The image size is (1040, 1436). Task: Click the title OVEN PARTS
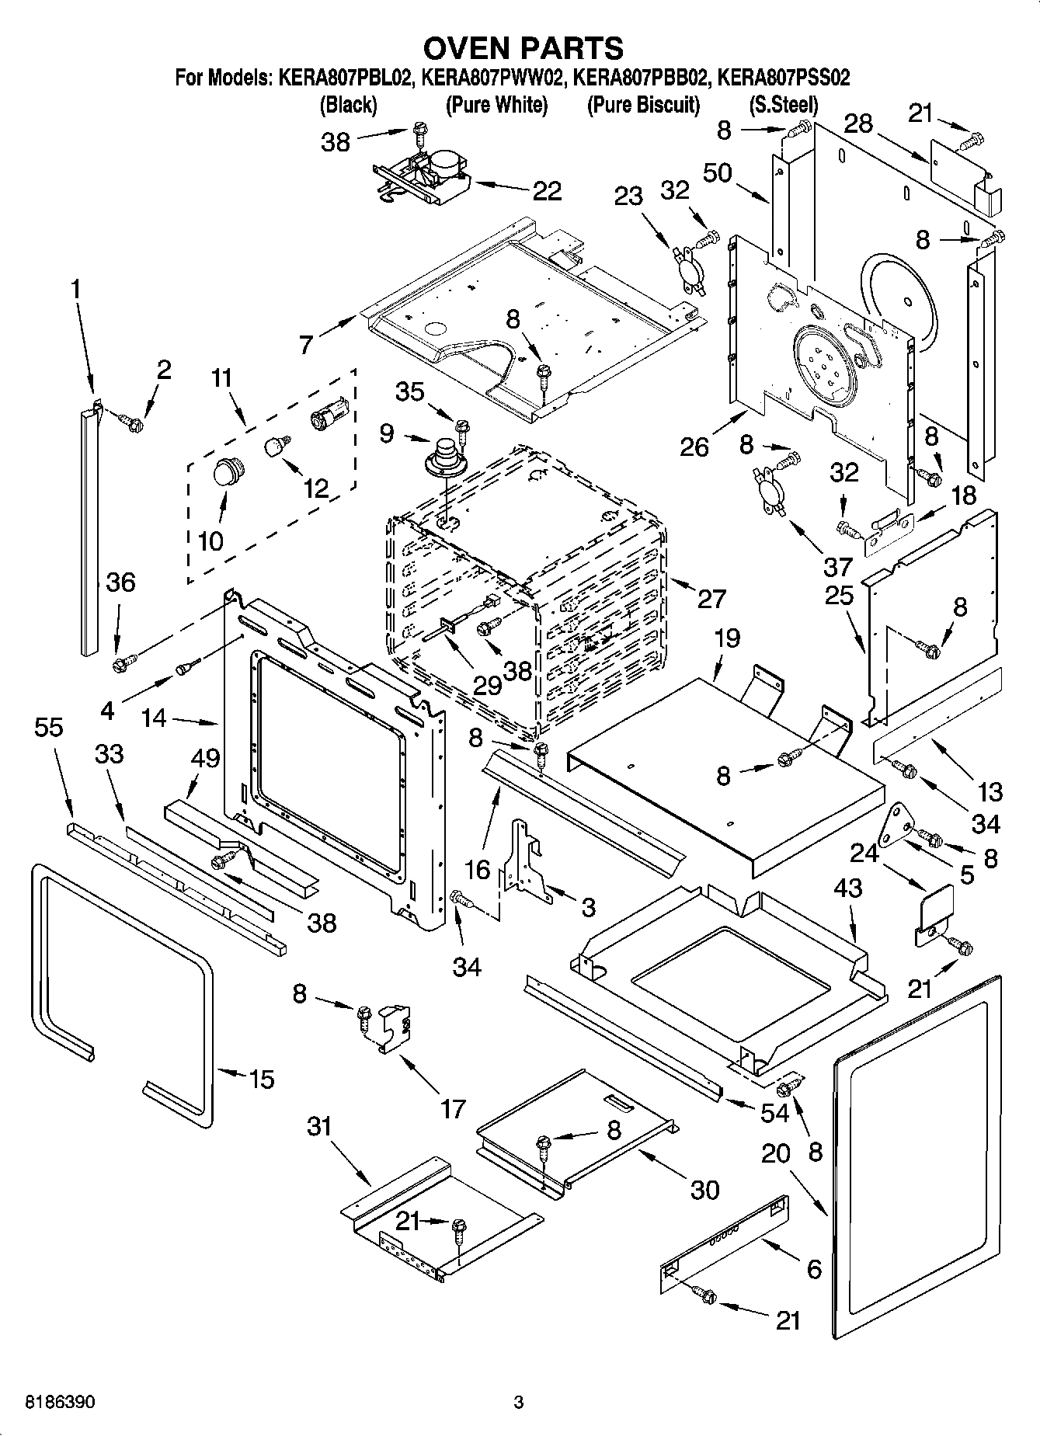click(x=523, y=48)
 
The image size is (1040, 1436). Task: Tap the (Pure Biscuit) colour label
click(x=643, y=105)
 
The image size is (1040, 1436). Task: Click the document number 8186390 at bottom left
click(x=61, y=1403)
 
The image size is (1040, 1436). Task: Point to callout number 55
click(x=49, y=728)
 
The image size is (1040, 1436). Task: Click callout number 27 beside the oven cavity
click(x=711, y=599)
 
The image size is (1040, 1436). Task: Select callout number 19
click(x=726, y=638)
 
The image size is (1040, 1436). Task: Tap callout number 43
click(x=848, y=887)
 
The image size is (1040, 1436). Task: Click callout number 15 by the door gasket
click(x=262, y=1079)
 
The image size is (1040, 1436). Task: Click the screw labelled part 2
click(x=133, y=423)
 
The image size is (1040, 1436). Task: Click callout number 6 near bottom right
click(x=813, y=1269)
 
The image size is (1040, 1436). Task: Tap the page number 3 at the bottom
click(x=519, y=1403)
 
